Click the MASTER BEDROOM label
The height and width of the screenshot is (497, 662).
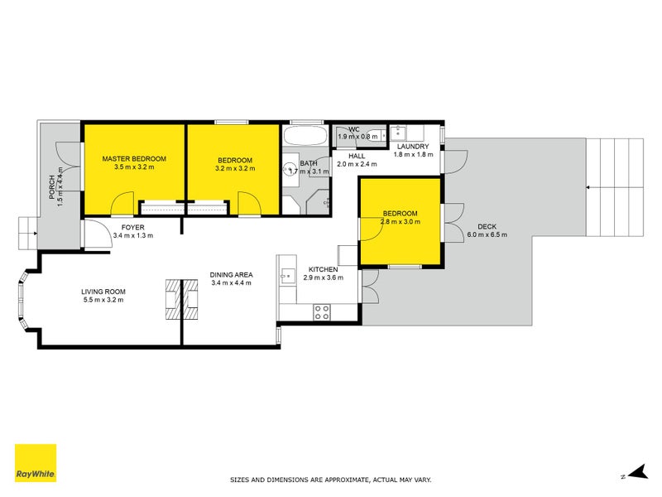point(134,158)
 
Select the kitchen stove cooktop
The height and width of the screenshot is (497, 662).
point(322,312)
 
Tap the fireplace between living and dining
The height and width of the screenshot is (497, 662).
point(181,299)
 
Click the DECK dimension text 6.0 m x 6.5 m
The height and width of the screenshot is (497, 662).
point(487,234)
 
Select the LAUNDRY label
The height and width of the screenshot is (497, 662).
point(411,147)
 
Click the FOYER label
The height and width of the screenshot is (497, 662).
point(133,226)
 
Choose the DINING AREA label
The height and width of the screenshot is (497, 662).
point(232,274)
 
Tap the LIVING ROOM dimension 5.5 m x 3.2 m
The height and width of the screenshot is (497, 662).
point(103,300)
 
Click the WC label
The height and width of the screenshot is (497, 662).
point(353,129)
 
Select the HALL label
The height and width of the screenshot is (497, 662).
point(357,155)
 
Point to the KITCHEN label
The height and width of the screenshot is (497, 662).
point(323,270)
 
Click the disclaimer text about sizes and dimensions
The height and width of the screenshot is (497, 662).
point(330,480)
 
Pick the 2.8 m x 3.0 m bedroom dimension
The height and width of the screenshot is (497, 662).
point(400,222)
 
